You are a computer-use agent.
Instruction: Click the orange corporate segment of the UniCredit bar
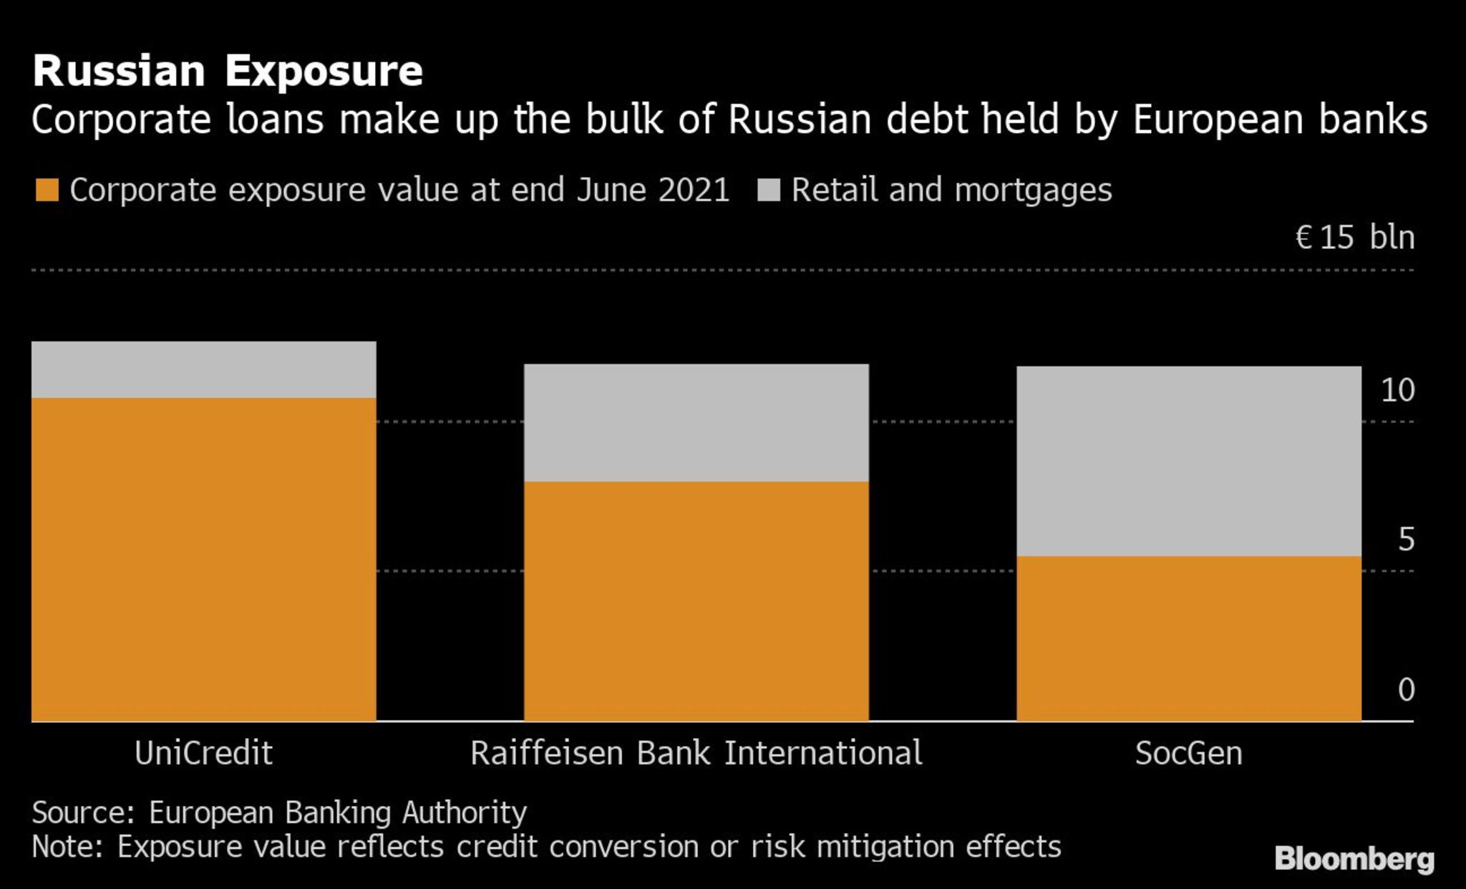coord(204,558)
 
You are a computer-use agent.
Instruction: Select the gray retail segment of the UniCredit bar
coord(204,369)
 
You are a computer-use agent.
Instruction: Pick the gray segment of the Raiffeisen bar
coord(696,422)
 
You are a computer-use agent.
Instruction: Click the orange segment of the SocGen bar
coord(1188,637)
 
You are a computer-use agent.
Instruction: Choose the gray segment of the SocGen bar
coord(1188,461)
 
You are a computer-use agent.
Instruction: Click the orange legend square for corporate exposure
coord(47,190)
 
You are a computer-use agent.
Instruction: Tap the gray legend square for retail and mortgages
coord(768,190)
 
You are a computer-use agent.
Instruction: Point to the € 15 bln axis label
coord(1354,238)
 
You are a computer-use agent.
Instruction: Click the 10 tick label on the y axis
coord(1397,391)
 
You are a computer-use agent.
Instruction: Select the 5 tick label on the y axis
coord(1406,540)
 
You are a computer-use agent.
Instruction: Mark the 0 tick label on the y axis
coord(1406,690)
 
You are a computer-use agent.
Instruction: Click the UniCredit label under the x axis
coord(204,754)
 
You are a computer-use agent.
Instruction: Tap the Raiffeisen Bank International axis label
coord(696,754)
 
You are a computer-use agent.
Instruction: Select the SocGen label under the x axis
coord(1188,754)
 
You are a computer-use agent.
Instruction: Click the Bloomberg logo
coord(1354,859)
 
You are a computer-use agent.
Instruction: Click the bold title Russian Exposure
coord(228,72)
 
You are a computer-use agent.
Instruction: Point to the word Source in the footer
coord(83,813)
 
